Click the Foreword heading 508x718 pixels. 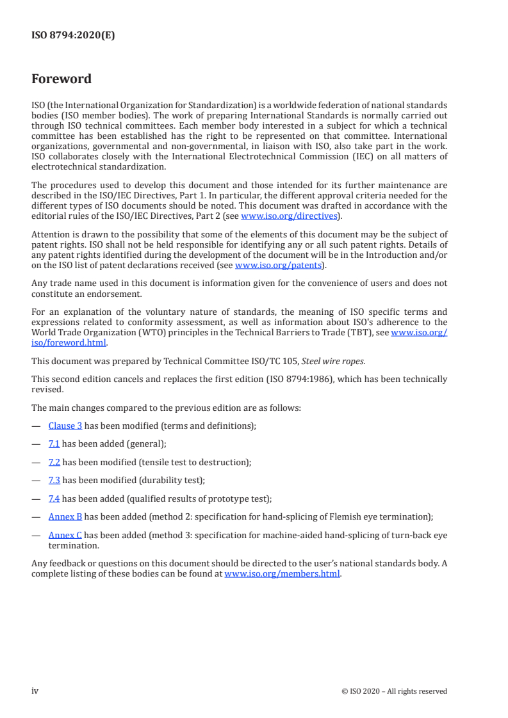point(61,79)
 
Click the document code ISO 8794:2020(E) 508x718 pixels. point(73,36)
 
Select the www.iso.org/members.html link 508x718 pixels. point(283,574)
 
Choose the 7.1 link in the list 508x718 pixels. point(54,443)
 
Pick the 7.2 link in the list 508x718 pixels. point(54,461)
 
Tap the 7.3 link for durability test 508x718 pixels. point(54,479)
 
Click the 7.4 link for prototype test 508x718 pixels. point(54,498)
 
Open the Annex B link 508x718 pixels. point(65,516)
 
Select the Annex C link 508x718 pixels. point(65,534)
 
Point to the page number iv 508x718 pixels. point(35,691)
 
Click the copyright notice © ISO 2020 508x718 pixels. point(395,691)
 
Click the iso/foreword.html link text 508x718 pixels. point(69,342)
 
